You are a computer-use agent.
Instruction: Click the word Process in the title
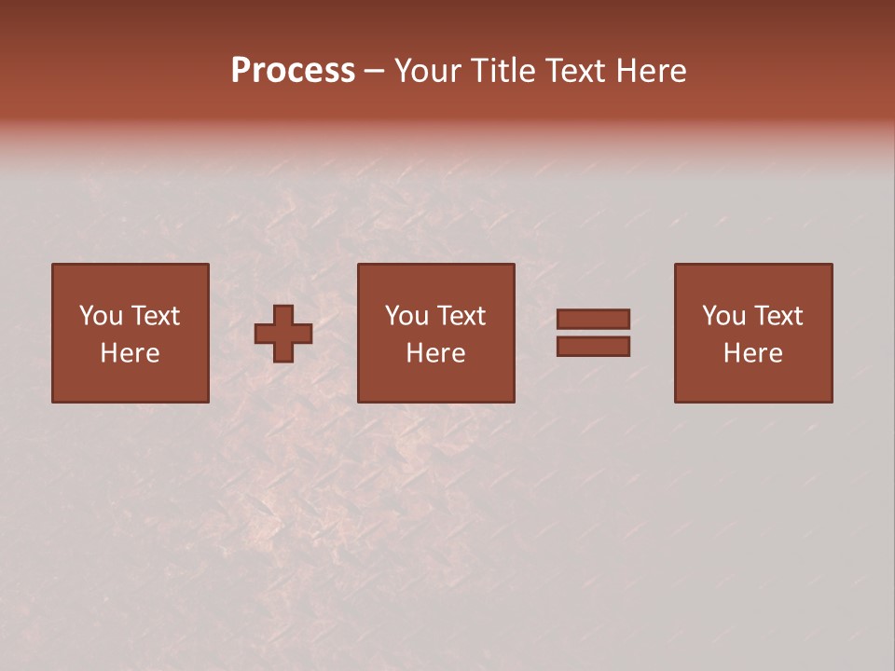click(293, 71)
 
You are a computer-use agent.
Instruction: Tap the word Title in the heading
click(505, 71)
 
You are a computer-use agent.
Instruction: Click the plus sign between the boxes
click(283, 334)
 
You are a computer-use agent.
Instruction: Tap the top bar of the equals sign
click(593, 319)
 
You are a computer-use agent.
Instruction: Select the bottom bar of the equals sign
click(593, 347)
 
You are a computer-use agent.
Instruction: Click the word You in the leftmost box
click(101, 316)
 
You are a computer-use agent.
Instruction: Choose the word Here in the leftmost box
click(130, 353)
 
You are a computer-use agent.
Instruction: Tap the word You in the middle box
click(406, 316)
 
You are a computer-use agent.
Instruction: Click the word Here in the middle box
click(435, 353)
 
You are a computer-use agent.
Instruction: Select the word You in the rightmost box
click(723, 316)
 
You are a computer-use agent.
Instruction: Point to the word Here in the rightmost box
click(752, 353)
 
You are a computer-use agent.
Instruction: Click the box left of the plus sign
click(130, 382)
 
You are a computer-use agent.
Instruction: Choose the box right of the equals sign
click(753, 382)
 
